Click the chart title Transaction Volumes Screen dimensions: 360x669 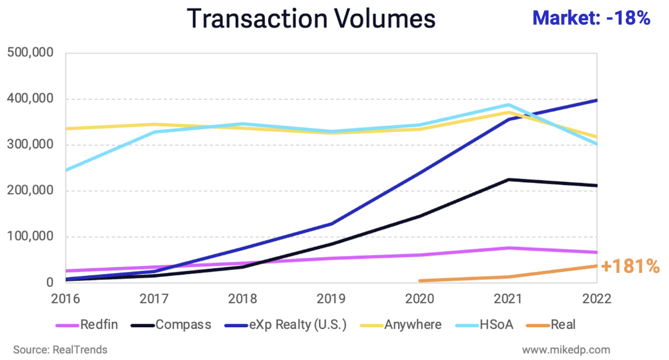click(x=311, y=19)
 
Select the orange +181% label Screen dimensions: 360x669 click(x=630, y=266)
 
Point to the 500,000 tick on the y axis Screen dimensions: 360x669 click(x=31, y=53)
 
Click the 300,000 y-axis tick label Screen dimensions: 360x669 click(x=31, y=145)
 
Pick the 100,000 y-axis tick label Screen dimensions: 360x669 click(x=31, y=237)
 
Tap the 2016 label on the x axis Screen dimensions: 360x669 click(x=66, y=299)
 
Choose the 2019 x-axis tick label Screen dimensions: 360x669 click(x=331, y=299)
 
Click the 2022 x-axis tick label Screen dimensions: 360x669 click(x=596, y=299)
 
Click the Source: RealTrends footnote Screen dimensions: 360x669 click(x=61, y=350)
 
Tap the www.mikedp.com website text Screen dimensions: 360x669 click(x=566, y=350)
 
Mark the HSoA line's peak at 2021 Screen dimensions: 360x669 click(x=508, y=104)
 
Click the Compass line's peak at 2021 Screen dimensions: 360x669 click(x=508, y=179)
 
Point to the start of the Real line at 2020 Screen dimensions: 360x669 click(x=420, y=281)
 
